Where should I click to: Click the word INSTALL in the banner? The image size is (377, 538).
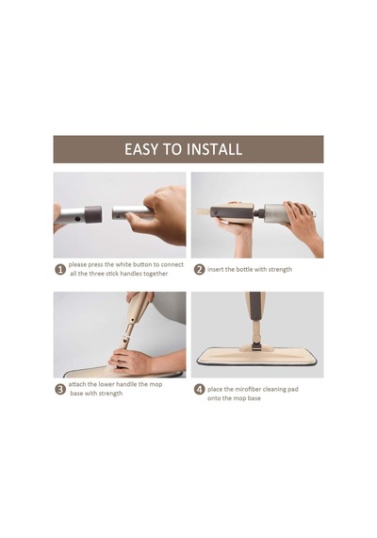coord(214,149)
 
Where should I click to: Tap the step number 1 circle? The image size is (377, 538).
coord(60,269)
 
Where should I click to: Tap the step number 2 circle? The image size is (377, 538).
coord(199,269)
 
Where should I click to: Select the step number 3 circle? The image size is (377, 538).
coord(60,389)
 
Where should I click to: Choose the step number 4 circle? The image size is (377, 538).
coord(199,389)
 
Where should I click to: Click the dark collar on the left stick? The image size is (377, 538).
coord(93,214)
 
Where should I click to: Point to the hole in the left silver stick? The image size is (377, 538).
coord(78,218)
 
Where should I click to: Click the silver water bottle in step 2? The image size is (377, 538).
coord(276,213)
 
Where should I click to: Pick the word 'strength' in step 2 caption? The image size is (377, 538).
coord(280,270)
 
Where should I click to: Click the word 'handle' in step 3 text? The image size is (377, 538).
coord(126,384)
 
